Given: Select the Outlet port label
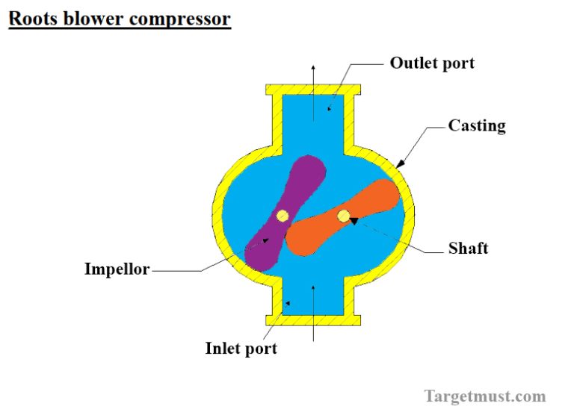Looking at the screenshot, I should coord(432,63).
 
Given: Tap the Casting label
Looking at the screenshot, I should coord(476,125).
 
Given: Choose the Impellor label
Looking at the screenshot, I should coord(117,269).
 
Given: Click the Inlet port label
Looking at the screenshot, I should coord(241,349).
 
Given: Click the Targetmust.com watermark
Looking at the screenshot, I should coord(485,396).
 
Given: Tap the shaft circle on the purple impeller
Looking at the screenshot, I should coord(282,216).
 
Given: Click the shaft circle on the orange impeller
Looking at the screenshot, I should coord(343,216).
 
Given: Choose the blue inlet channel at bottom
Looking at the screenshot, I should coord(314,299).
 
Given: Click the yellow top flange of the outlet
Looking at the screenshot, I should coord(314,89).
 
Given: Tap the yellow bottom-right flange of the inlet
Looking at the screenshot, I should coord(351,319).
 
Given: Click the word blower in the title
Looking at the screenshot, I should coord(93,18).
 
